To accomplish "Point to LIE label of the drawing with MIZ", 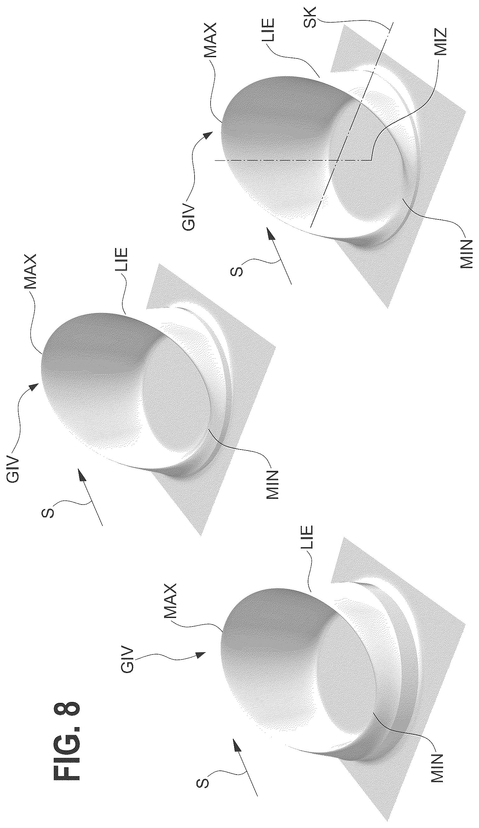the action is click(x=268, y=30).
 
